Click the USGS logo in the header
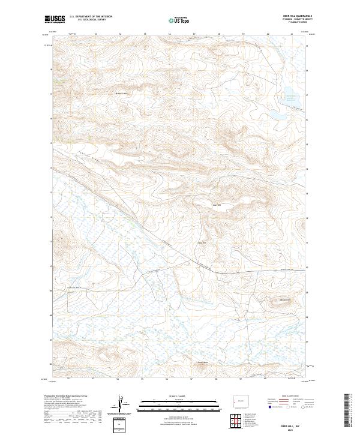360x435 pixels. click(x=54, y=20)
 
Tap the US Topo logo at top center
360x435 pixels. click(x=180, y=20)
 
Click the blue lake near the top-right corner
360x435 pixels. click(x=289, y=94)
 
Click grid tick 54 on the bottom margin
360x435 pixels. click(x=118, y=379)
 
